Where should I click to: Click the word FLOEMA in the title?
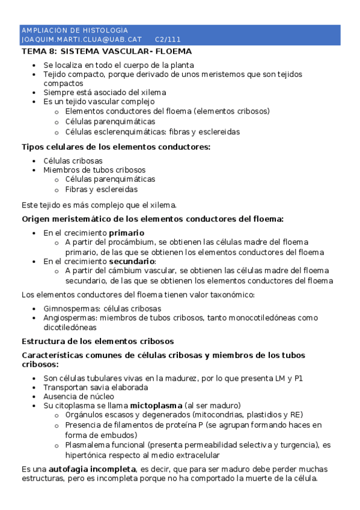point(173,51)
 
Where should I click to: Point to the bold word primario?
point(126,232)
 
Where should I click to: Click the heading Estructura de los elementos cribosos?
point(97,341)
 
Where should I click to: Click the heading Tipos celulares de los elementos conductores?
point(116,147)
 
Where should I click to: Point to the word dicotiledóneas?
point(70,328)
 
